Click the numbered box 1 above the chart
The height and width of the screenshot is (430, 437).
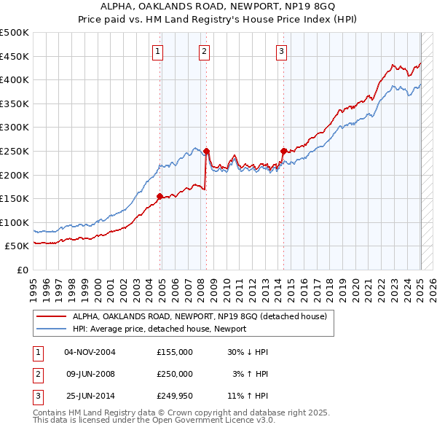click(x=158, y=51)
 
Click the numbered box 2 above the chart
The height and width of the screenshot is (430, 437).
click(x=204, y=51)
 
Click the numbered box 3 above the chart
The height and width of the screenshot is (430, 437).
click(x=281, y=51)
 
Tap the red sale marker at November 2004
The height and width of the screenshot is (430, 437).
click(x=160, y=196)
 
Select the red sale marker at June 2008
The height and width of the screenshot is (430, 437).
click(x=206, y=152)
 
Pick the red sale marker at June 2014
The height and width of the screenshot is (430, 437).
click(x=283, y=151)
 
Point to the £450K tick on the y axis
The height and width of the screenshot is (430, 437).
click(x=15, y=56)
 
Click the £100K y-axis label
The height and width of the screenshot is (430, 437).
click(x=15, y=222)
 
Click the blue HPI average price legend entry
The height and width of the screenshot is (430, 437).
click(x=160, y=329)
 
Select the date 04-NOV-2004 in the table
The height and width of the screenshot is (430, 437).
click(x=90, y=352)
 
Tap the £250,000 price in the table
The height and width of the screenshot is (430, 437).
click(x=174, y=375)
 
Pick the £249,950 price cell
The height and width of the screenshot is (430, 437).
click(x=174, y=397)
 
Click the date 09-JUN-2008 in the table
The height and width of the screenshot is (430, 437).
click(x=90, y=375)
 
